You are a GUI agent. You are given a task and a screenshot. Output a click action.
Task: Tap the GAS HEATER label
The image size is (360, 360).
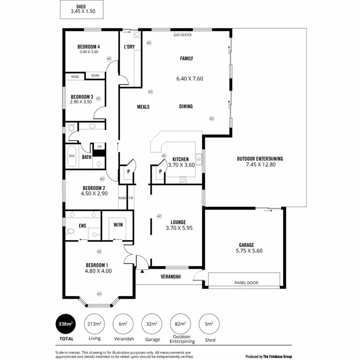(182, 35)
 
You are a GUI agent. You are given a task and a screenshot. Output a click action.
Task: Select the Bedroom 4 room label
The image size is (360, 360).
(88, 47)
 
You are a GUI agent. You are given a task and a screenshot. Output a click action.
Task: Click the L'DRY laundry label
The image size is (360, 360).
(129, 47)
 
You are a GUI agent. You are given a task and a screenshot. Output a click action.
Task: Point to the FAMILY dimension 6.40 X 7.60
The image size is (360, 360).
(187, 78)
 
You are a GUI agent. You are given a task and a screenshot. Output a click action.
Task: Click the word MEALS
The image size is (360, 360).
(144, 107)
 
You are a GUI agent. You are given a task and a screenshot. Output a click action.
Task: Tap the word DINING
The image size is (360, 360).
(186, 107)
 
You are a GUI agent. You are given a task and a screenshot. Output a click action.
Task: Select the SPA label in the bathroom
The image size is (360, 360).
(72, 156)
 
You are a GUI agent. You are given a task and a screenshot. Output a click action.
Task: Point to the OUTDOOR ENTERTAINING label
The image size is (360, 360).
(260, 158)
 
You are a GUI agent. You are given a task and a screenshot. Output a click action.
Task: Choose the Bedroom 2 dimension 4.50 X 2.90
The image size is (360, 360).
(94, 193)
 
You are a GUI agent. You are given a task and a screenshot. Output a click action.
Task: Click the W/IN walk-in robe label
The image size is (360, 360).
(118, 225)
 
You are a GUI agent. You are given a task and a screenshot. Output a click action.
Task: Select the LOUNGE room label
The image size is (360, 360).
(178, 222)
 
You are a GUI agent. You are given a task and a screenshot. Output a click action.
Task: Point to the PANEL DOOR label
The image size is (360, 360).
(246, 283)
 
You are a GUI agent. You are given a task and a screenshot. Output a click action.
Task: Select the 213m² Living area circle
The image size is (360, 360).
(94, 324)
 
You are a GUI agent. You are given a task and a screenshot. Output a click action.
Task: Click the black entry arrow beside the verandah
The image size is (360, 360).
(142, 271)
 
